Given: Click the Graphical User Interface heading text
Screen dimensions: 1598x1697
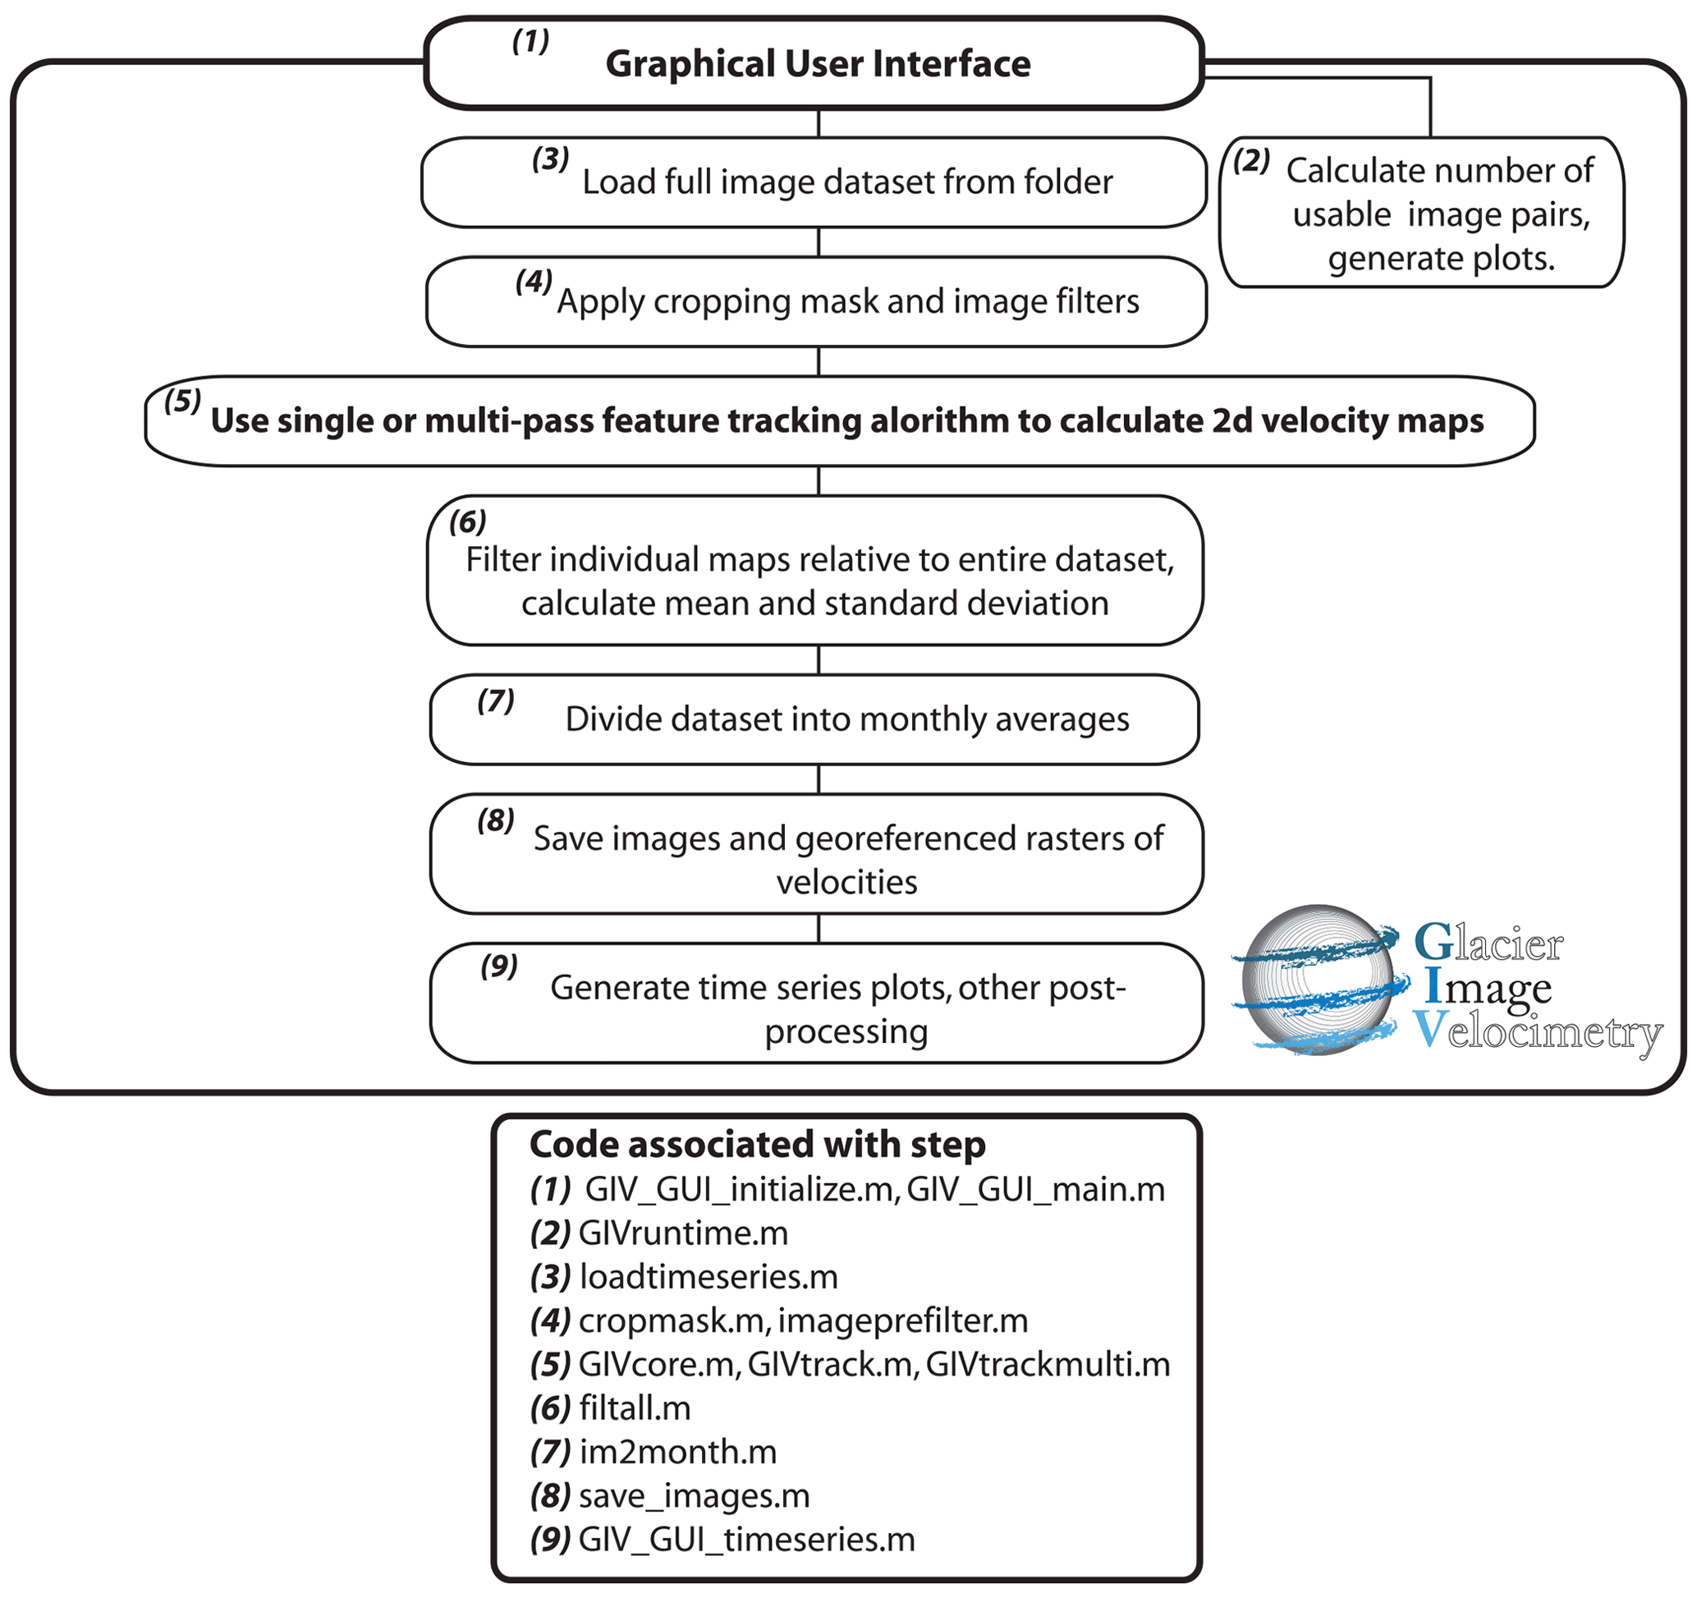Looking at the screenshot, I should [x=817, y=64].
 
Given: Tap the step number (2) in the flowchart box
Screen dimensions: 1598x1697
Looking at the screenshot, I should [x=1250, y=160].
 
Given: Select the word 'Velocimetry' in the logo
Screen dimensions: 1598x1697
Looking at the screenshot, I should [x=1538, y=1031].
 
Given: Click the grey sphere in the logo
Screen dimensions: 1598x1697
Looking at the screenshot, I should [x=1318, y=980].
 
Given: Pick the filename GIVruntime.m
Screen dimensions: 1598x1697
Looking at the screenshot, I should [x=683, y=1233].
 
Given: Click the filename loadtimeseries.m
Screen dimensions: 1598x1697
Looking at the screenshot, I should [x=708, y=1277].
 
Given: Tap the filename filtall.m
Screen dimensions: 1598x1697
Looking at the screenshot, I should [x=635, y=1408].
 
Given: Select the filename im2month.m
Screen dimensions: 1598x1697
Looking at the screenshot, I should [x=678, y=1452].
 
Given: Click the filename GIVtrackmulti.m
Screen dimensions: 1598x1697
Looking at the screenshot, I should [x=1048, y=1364].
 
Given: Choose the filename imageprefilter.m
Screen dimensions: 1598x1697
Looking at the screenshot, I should [x=902, y=1320].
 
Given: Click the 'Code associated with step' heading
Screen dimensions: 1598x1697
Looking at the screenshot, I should [x=757, y=1145].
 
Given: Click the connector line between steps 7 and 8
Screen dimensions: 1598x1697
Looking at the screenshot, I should [x=819, y=779].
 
